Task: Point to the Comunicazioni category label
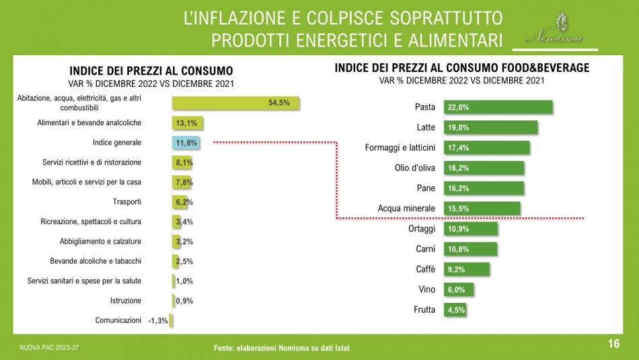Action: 118,320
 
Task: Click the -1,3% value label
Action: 158,321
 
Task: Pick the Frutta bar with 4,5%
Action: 455,310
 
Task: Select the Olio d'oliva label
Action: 414,168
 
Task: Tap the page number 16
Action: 613,345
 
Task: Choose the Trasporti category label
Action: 127,202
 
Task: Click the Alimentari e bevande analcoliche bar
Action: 188,123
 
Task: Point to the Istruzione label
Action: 126,301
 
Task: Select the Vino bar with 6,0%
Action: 459,289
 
